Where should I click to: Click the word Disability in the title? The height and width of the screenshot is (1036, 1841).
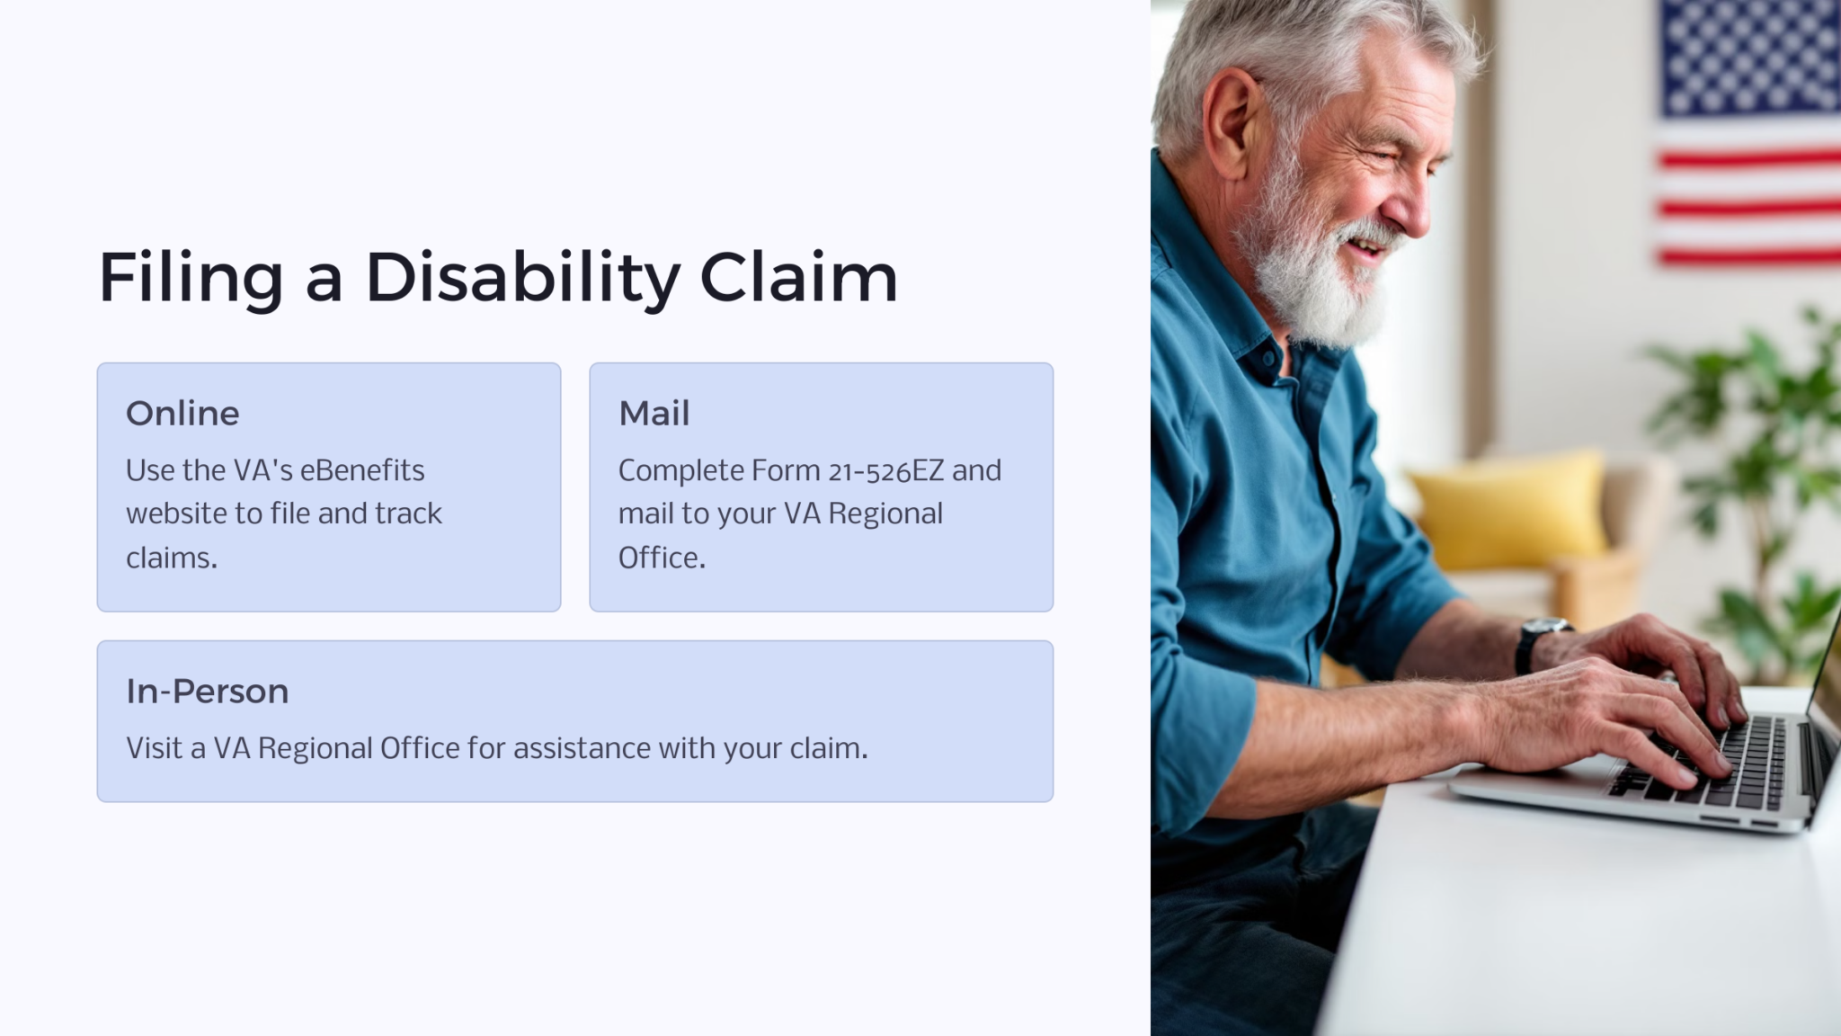click(522, 277)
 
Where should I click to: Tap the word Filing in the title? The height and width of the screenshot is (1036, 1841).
click(191, 277)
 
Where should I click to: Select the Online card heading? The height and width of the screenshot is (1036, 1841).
click(182, 414)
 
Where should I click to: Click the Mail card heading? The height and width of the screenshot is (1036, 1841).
click(654, 414)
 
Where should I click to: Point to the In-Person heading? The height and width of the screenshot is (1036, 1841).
click(207, 692)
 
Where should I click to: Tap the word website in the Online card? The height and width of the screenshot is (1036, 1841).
click(176, 514)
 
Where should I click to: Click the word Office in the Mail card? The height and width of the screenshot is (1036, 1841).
click(662, 558)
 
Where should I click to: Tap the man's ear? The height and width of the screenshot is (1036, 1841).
click(1239, 126)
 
